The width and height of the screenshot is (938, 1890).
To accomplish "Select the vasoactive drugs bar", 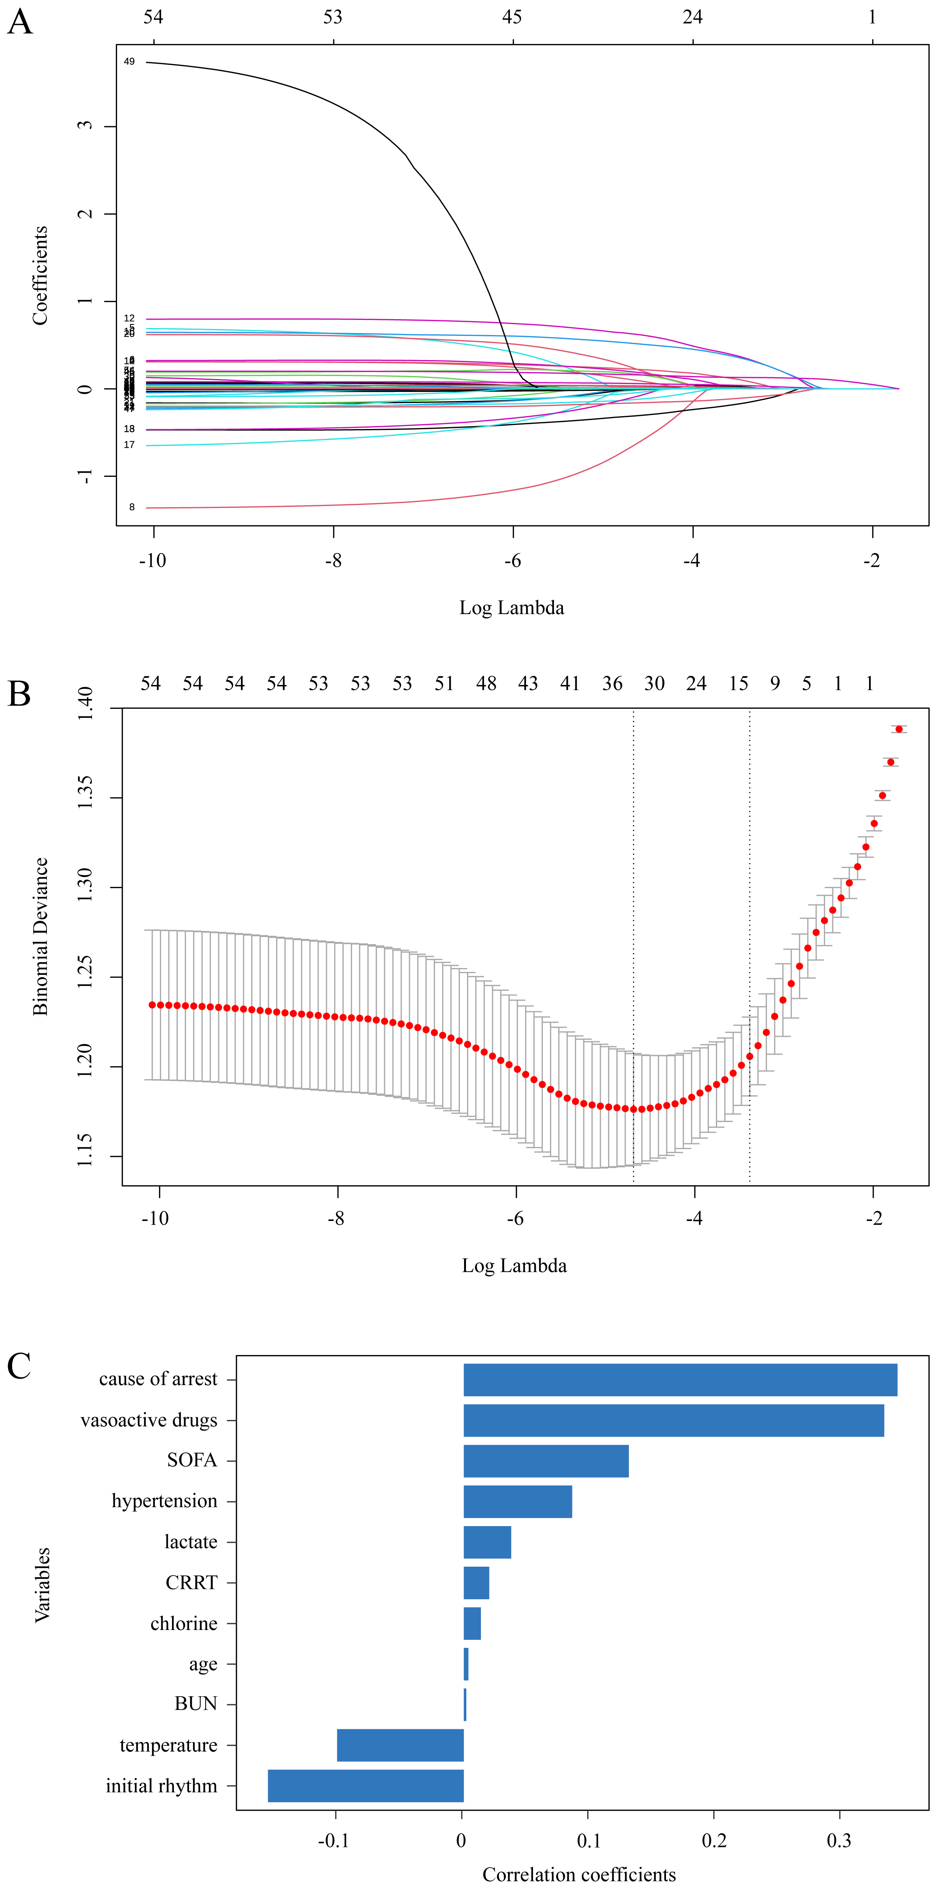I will (673, 1420).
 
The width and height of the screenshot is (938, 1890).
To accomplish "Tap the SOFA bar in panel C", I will (546, 1461).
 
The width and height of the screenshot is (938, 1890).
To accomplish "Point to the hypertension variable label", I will (164, 1501).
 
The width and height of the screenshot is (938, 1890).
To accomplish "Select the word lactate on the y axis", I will (191, 1542).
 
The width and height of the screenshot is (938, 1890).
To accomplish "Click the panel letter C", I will (19, 1366).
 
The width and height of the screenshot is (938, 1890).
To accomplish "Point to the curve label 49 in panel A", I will (129, 62).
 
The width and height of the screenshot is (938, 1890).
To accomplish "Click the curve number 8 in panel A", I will (132, 507).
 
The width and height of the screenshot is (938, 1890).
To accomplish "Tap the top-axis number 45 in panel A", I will (512, 17).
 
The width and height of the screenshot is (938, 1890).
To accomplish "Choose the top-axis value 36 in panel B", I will (612, 684).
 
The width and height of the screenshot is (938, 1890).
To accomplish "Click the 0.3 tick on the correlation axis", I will (839, 1840).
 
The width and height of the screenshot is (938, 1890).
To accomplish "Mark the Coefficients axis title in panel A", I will (40, 275).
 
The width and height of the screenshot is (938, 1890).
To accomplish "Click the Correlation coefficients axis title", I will (578, 1874).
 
